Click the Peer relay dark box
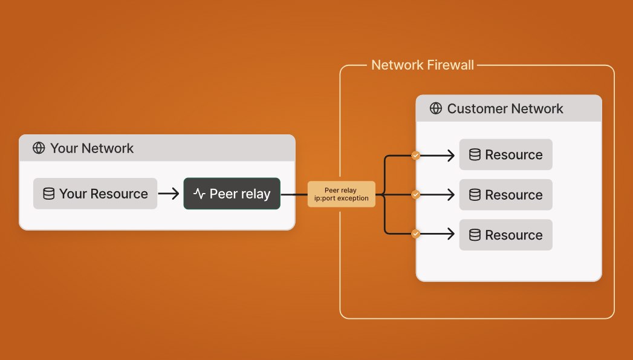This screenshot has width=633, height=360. (x=232, y=194)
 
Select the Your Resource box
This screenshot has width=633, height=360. (x=95, y=194)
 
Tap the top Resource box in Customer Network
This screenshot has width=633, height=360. (x=505, y=155)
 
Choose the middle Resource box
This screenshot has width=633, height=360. (x=505, y=195)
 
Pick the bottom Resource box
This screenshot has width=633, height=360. (x=505, y=235)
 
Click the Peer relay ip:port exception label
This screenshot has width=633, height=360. (x=342, y=194)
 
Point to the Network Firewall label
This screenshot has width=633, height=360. (x=423, y=65)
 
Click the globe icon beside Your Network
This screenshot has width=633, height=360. (x=39, y=148)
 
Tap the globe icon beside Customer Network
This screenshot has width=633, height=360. (x=435, y=109)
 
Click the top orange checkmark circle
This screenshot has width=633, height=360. (x=415, y=155)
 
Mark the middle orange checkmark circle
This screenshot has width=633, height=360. (x=415, y=194)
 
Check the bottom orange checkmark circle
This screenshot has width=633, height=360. (x=415, y=234)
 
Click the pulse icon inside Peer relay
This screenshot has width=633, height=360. (x=199, y=194)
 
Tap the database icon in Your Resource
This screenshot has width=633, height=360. (x=48, y=194)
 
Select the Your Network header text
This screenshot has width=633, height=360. (x=92, y=148)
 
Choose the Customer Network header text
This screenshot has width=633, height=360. (x=505, y=109)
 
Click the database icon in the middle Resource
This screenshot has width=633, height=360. (x=475, y=195)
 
